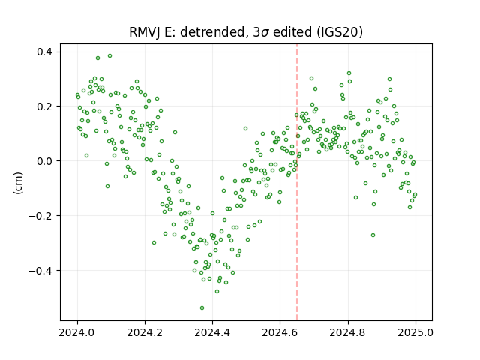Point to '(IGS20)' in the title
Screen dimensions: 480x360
339,32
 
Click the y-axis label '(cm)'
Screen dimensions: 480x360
18,183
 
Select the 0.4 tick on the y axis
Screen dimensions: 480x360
44,52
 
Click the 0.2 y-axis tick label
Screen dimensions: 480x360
44,106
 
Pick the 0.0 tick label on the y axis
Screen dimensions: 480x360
44,161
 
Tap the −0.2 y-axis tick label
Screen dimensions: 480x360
40,216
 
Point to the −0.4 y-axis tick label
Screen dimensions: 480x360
40,271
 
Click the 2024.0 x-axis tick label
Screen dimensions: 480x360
77,332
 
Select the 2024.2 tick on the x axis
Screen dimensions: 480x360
145,332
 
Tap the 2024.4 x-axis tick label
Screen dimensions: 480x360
212,332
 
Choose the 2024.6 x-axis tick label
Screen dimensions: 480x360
280,332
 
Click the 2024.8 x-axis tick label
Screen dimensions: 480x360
348,332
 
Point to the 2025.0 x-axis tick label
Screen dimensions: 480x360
415,332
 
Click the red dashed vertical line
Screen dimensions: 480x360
297,182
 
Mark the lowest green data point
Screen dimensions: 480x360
202,307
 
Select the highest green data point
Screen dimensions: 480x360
110,55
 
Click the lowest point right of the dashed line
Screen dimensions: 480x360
373,235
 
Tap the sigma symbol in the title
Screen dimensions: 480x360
265,33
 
